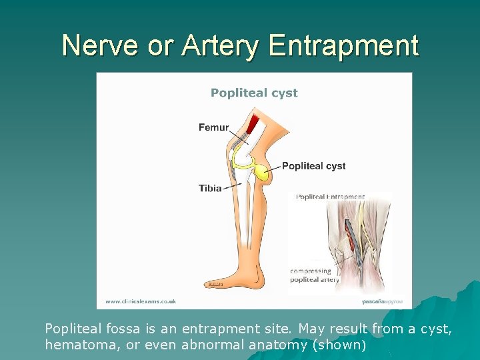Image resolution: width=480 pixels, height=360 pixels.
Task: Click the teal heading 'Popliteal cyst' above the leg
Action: (x=254, y=93)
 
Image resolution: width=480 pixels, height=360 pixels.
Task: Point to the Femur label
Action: (x=213, y=127)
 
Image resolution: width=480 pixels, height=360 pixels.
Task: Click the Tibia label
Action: (x=210, y=188)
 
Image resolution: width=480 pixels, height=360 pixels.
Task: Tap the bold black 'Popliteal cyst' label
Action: (x=313, y=166)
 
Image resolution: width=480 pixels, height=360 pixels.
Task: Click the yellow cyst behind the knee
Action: (x=263, y=174)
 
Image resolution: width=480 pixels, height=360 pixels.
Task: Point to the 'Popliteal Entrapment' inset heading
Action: (x=330, y=197)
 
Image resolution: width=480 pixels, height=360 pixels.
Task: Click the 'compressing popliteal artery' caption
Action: (x=314, y=275)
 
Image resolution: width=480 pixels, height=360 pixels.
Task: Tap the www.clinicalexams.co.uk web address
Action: (x=140, y=301)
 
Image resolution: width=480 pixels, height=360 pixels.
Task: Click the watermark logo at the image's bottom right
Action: (x=382, y=301)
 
